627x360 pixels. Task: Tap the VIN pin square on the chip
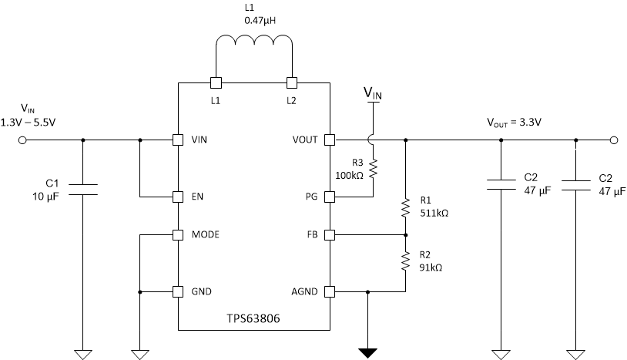click(x=177, y=140)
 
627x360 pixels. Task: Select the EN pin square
click(x=177, y=196)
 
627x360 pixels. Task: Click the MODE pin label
click(x=206, y=234)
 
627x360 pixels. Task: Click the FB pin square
click(x=330, y=234)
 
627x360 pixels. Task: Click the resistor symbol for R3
click(x=373, y=168)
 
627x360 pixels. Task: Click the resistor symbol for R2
click(x=405, y=262)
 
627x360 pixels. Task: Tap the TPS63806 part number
click(x=254, y=318)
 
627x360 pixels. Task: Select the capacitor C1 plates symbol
click(x=83, y=190)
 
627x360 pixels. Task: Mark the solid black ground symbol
click(x=368, y=353)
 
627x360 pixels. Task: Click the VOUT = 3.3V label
click(x=514, y=122)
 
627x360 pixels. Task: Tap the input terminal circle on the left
click(x=22, y=140)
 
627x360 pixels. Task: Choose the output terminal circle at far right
click(x=614, y=140)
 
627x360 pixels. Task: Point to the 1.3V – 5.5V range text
click(x=28, y=122)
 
